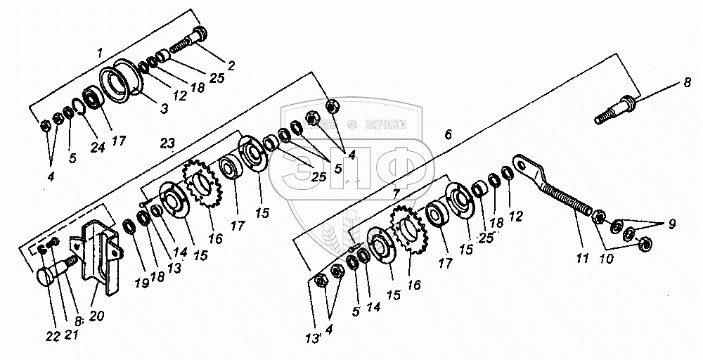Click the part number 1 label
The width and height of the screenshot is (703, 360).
point(100,53)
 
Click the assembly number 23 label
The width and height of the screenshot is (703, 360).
point(166,143)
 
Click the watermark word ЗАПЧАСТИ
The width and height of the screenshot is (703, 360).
point(387,124)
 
